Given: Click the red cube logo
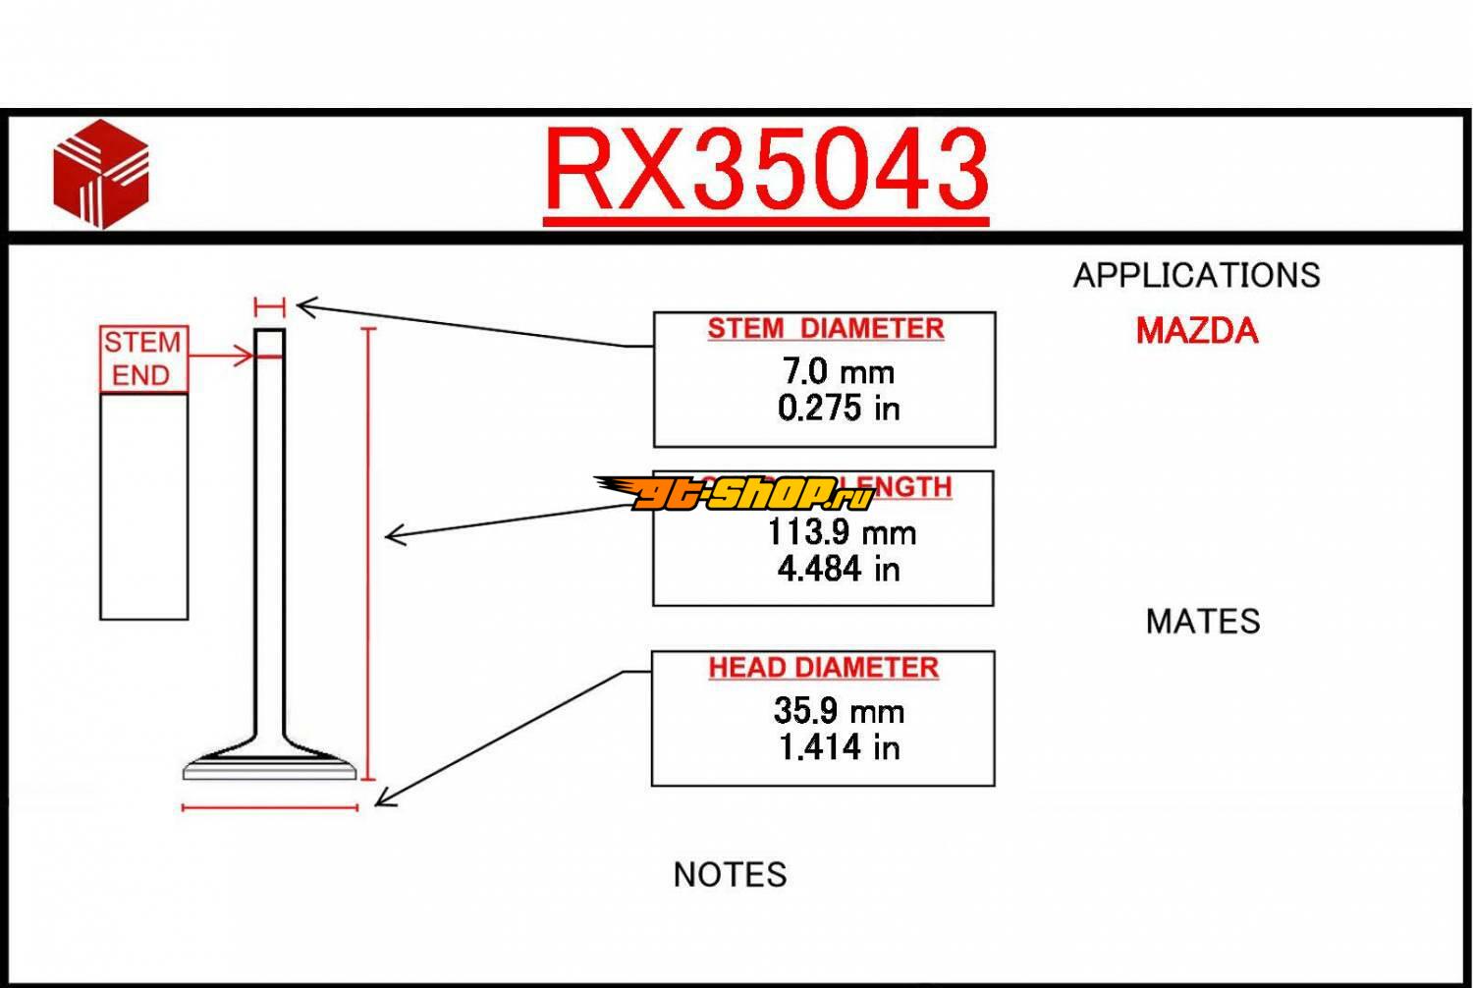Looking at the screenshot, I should pos(100,174).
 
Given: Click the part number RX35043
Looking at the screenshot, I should pos(766,170).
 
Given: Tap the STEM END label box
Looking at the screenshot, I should pos(142,358).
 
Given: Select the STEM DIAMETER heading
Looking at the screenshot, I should pos(825,328).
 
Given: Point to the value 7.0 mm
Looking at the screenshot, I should pos(838,371).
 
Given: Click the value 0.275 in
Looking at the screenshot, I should pos(838,408).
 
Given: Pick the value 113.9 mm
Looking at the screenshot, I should pos(841,532).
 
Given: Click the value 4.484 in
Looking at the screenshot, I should pos(838,569).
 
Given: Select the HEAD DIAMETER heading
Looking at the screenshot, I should pos(823,668).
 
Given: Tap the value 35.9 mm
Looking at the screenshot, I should pos(838,710).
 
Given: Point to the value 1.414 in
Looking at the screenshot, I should pos(838,747).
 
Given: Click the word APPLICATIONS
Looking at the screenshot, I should pos(1196,275).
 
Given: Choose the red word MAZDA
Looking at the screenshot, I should pos(1196,331).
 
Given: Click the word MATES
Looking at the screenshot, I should pos(1202,622).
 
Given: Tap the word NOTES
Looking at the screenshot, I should pos(730,874).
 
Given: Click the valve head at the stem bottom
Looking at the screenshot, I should pos(269,764).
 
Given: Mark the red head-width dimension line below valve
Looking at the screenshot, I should pos(270,807).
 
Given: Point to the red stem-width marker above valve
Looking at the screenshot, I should pos(269,306).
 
